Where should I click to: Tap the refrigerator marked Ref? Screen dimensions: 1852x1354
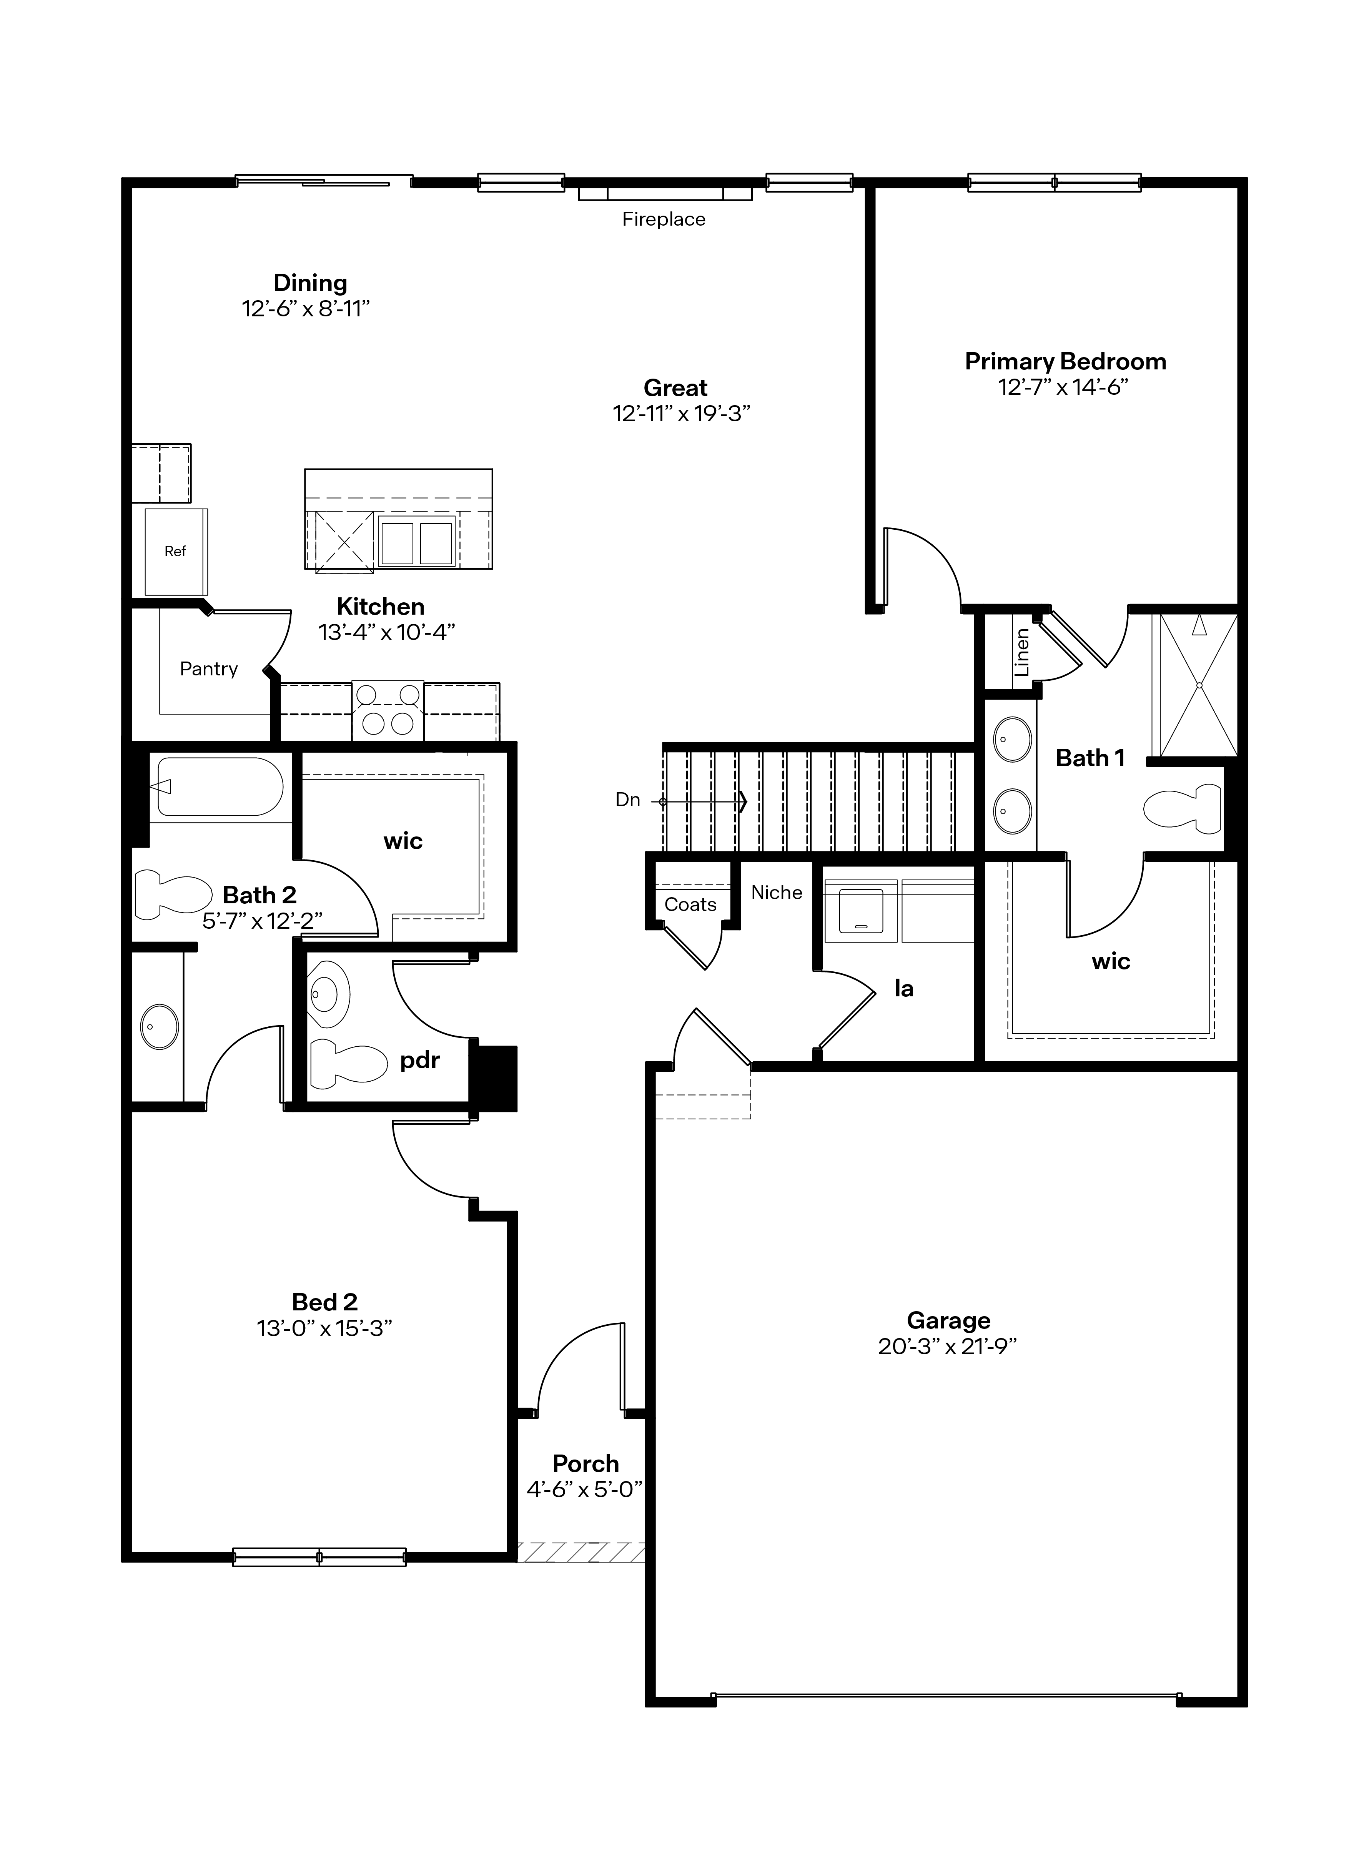click(175, 552)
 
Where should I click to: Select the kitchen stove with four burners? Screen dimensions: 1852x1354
click(388, 710)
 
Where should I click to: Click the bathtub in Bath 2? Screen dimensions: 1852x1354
click(220, 787)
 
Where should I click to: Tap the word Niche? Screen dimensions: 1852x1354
click(776, 893)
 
